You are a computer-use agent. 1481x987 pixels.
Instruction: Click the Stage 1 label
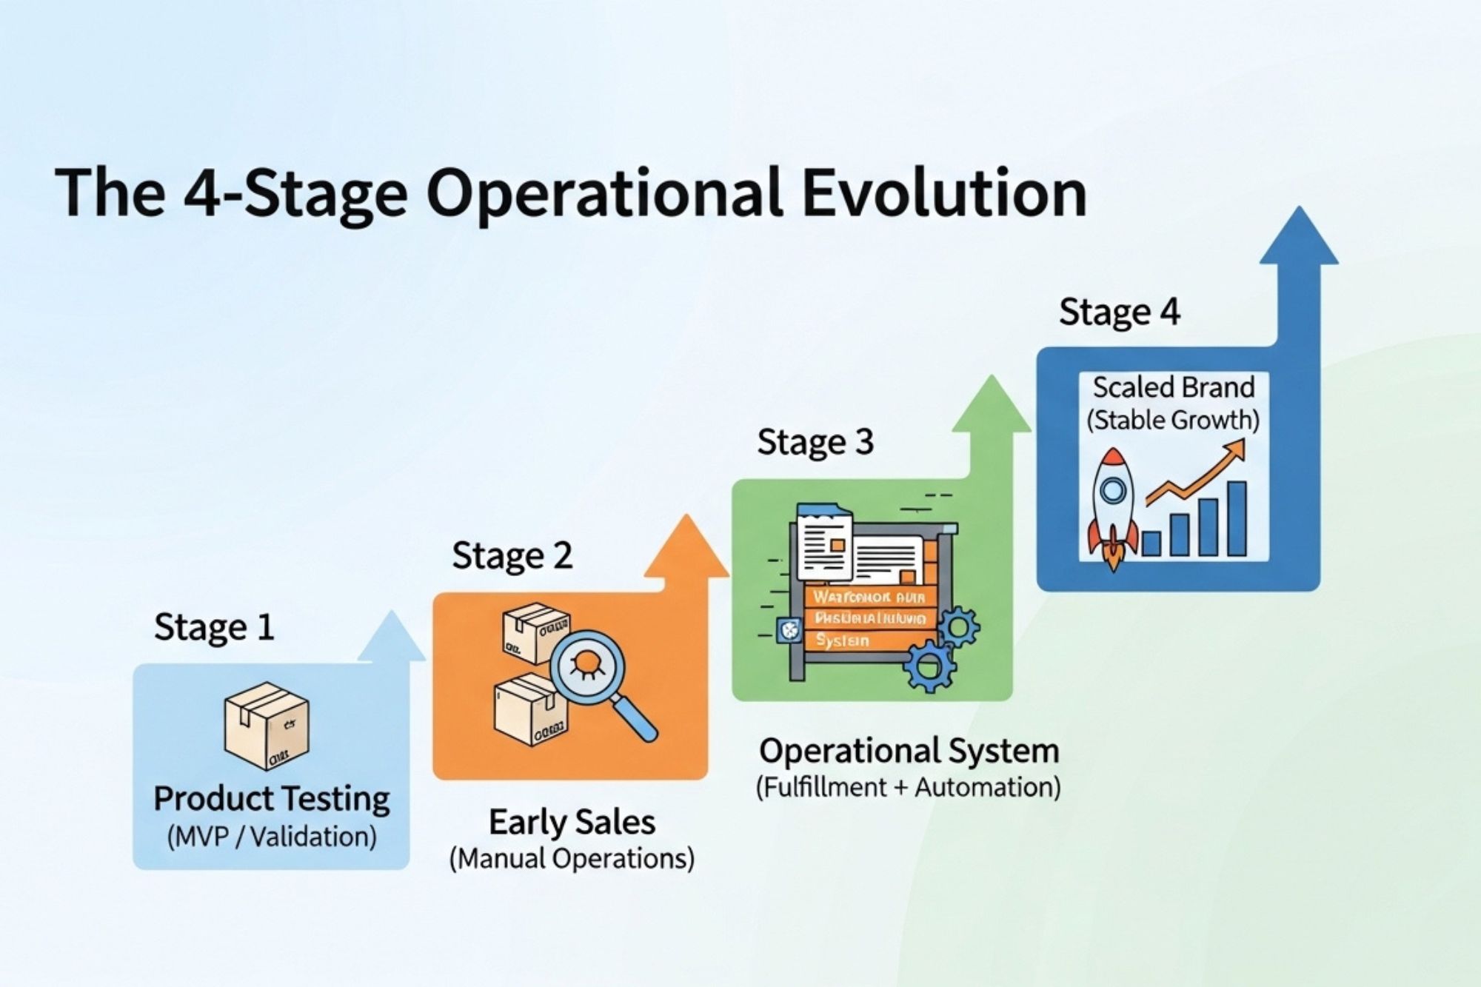pyautogui.click(x=214, y=628)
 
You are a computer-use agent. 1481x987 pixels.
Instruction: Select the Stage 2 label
pyautogui.click(x=512, y=556)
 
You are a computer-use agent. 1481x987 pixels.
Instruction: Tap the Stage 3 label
pyautogui.click(x=815, y=443)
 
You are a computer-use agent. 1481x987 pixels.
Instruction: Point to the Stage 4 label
pyautogui.click(x=1119, y=312)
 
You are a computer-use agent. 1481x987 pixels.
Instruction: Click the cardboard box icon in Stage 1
pyautogui.click(x=267, y=726)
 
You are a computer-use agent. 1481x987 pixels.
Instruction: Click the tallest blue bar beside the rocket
pyautogui.click(x=1237, y=518)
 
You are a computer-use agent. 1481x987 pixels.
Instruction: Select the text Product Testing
pyautogui.click(x=272, y=799)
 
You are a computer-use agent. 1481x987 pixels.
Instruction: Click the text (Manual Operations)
pyautogui.click(x=572, y=859)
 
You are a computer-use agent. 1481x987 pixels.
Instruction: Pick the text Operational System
pyautogui.click(x=909, y=751)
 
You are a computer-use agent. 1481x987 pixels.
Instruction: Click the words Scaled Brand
pyautogui.click(x=1173, y=387)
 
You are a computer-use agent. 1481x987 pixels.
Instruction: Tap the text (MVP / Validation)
pyautogui.click(x=272, y=837)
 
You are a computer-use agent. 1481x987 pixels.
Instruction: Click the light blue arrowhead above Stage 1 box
pyautogui.click(x=392, y=637)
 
